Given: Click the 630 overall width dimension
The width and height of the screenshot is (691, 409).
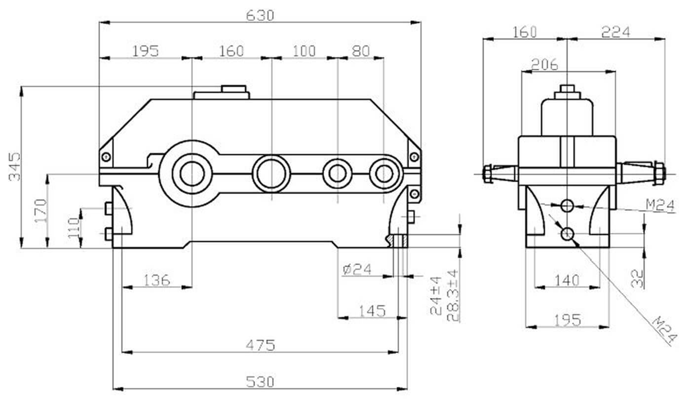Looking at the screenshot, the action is tap(260, 16).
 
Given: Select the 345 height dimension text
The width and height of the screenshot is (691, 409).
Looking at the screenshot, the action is tap(15, 166).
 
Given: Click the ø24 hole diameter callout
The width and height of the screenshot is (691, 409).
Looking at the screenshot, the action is tap(356, 269).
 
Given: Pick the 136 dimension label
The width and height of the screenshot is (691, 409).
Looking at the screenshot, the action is tap(157, 280).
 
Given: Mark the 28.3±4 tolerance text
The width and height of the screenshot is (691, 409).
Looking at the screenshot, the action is tap(453, 295).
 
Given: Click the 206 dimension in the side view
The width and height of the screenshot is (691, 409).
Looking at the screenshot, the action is tap(544, 64).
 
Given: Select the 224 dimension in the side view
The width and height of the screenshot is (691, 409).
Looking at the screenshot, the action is tap(615, 32).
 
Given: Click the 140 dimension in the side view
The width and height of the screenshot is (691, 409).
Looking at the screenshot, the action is tap(567, 281).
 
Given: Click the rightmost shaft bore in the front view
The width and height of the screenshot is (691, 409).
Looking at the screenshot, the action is tap(383, 173).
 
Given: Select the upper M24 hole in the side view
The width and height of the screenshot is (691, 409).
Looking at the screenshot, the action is tap(568, 204).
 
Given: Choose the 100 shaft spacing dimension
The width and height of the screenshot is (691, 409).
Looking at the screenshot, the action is tap(304, 51).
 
